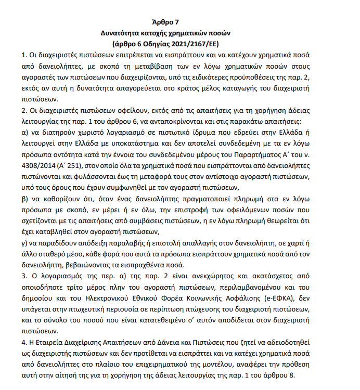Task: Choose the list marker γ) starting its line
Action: point(24,243)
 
